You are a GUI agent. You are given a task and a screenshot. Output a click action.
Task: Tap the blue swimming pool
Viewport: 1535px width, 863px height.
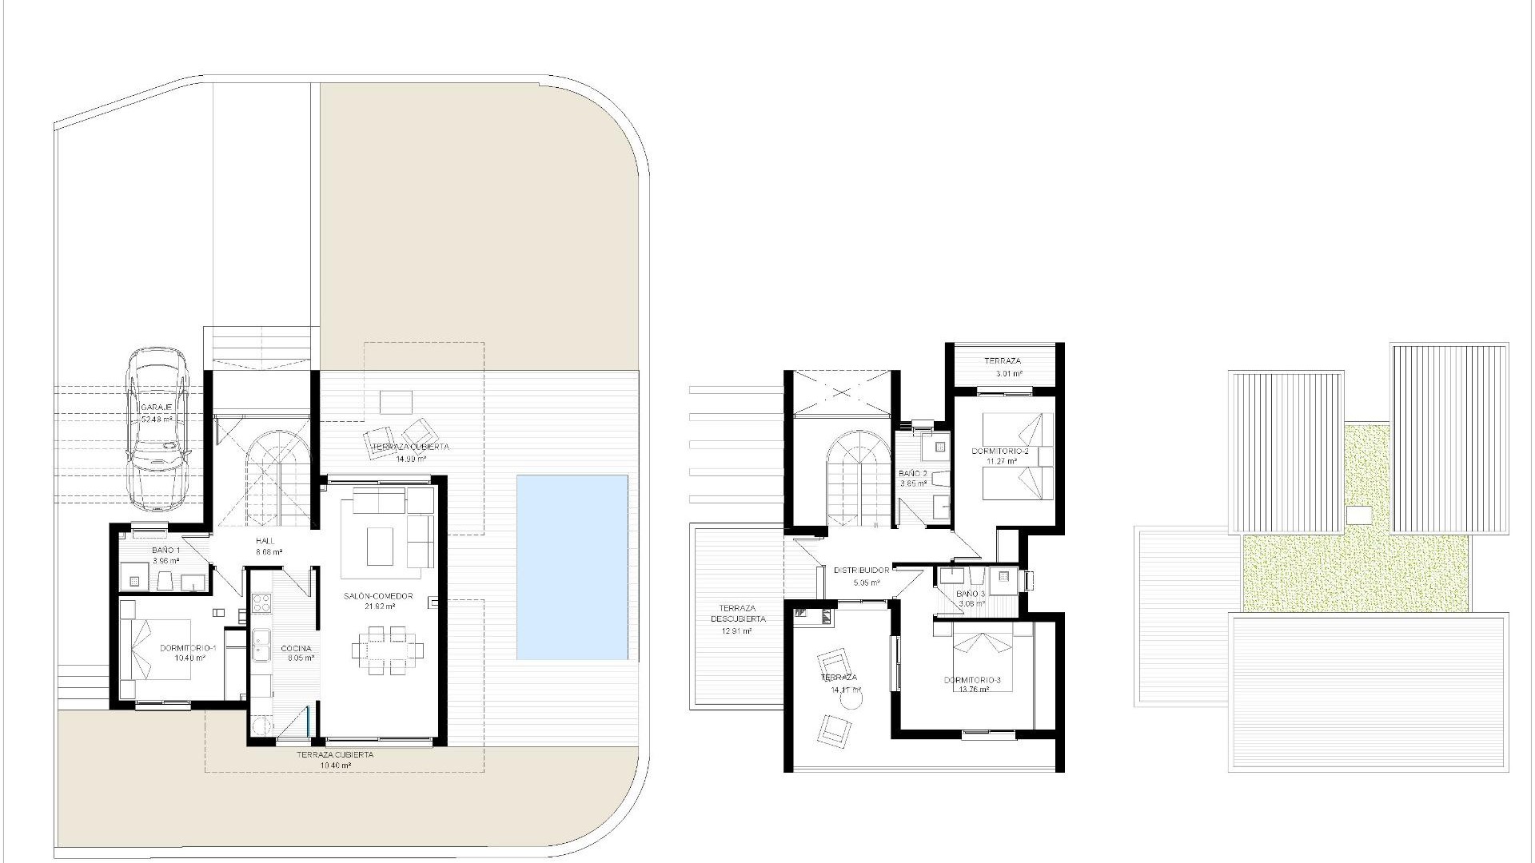point(572,567)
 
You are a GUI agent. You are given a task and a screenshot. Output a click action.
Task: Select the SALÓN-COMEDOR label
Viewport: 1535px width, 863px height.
point(378,596)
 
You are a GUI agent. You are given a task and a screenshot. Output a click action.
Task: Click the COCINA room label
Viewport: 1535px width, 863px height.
point(296,648)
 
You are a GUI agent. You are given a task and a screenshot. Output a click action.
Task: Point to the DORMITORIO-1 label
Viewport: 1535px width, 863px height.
point(188,647)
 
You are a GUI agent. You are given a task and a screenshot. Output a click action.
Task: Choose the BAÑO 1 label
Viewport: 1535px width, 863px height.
point(166,551)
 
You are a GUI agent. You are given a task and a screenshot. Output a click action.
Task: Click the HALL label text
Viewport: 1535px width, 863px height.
point(265,541)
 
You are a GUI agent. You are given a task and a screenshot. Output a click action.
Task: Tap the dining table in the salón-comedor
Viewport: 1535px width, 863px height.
point(383,650)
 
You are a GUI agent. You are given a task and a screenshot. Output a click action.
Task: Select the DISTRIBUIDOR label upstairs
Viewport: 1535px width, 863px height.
point(861,571)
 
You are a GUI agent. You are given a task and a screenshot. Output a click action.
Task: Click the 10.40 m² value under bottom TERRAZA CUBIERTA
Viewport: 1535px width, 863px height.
point(335,765)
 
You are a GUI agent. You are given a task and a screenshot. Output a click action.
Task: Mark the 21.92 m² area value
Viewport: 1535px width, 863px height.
point(378,606)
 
